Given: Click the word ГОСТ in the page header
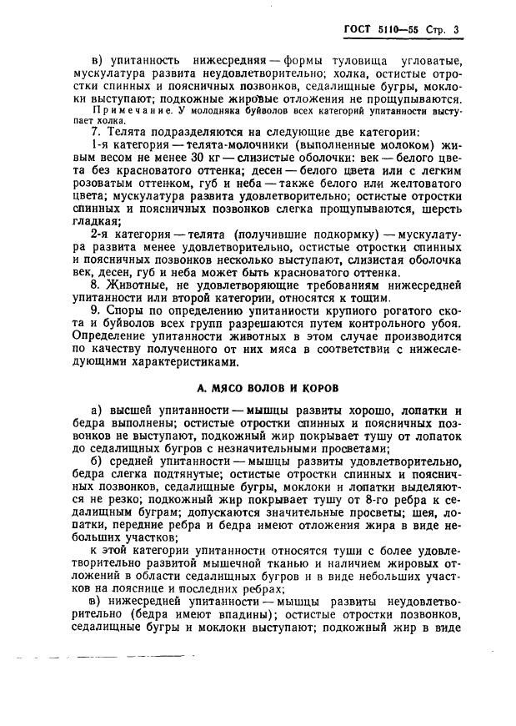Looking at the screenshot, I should (x=358, y=31).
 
